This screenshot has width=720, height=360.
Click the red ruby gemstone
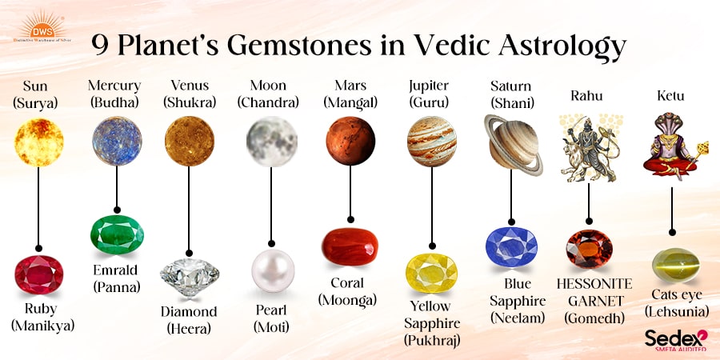(39, 274)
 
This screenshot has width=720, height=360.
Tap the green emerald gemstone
(117, 234)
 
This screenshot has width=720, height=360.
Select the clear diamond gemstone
(190, 277)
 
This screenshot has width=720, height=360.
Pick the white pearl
(273, 270)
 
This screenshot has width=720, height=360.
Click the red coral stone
(350, 246)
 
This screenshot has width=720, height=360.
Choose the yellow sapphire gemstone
(432, 273)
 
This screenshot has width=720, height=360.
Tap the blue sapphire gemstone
(511, 246)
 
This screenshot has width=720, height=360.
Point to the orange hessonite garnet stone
(589, 249)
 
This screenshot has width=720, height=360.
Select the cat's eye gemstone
(676, 265)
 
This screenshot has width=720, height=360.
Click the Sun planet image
(38, 142)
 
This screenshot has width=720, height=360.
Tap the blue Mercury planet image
(117, 141)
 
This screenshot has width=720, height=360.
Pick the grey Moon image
(271, 142)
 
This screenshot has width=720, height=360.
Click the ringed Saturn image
(514, 145)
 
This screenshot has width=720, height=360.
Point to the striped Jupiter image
(432, 142)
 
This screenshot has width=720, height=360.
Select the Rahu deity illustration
(590, 148)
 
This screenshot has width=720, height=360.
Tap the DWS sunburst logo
(42, 27)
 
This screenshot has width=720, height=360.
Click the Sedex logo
(676, 340)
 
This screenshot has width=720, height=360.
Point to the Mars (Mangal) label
(350, 94)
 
